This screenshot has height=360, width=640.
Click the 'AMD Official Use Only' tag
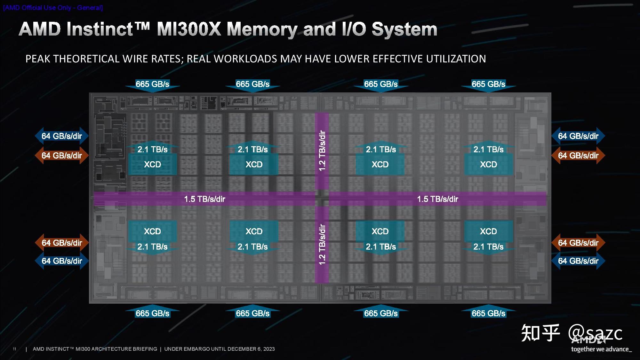[53, 8]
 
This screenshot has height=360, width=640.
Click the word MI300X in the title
[189, 29]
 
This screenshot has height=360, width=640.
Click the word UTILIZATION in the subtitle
[456, 59]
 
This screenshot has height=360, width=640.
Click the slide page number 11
[14, 349]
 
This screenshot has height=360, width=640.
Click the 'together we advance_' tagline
[601, 349]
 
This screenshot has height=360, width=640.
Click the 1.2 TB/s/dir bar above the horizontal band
[322, 151]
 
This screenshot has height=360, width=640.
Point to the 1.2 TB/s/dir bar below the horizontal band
[322, 245]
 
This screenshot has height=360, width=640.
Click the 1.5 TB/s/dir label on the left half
[204, 199]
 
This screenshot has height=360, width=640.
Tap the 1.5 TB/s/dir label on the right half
[437, 199]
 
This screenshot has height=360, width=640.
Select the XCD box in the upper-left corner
[152, 164]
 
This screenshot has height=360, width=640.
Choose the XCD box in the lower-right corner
[488, 231]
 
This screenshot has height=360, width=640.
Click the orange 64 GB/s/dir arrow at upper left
[61, 156]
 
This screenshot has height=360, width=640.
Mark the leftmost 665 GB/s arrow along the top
[152, 84]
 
